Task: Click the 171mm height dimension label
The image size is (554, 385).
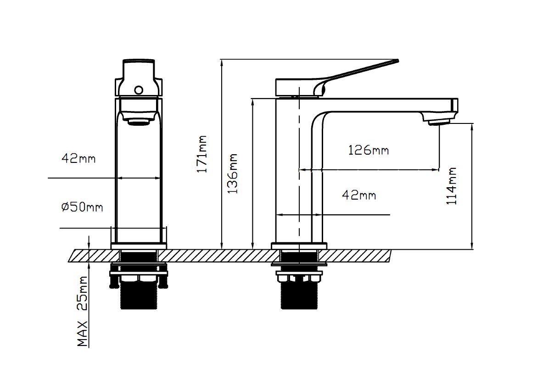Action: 202,154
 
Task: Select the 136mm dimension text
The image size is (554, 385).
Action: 233,173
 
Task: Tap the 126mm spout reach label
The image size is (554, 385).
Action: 368,150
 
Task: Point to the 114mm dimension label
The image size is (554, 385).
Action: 453,186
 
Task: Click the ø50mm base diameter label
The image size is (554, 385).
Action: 82,207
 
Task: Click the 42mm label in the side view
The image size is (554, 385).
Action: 359,195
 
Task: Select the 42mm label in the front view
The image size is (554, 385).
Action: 78,159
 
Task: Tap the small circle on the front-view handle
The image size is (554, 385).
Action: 139,90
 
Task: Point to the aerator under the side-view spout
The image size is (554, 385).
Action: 439,122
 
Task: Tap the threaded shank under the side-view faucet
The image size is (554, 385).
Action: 299,296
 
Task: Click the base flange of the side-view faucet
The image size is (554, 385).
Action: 299,246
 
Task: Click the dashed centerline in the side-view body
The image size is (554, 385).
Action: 299,184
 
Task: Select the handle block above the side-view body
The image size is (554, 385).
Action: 294,87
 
